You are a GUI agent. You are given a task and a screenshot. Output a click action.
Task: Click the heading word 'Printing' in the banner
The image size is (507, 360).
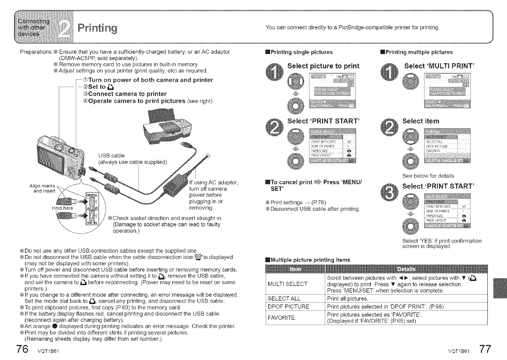tap(98, 28)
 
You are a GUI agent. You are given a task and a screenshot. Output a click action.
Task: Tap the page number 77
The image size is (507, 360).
tap(485, 350)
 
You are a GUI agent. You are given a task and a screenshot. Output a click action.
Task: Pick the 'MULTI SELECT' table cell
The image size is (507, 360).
tap(287, 284)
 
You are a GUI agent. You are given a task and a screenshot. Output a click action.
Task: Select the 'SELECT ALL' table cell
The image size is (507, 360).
tap(284, 299)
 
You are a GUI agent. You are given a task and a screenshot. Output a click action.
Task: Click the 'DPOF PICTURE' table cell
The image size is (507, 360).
tap(288, 307)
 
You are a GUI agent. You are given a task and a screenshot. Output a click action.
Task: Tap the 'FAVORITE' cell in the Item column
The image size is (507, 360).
tap(282, 317)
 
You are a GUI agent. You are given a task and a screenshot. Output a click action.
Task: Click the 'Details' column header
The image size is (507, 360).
tap(406, 269)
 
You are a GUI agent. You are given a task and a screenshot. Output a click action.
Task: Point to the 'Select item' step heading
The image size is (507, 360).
tap(421, 121)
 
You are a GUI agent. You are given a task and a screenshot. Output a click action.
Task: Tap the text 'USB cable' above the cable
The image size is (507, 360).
tap(111, 155)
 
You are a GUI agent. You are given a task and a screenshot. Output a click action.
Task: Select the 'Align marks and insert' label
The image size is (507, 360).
tap(43, 188)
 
